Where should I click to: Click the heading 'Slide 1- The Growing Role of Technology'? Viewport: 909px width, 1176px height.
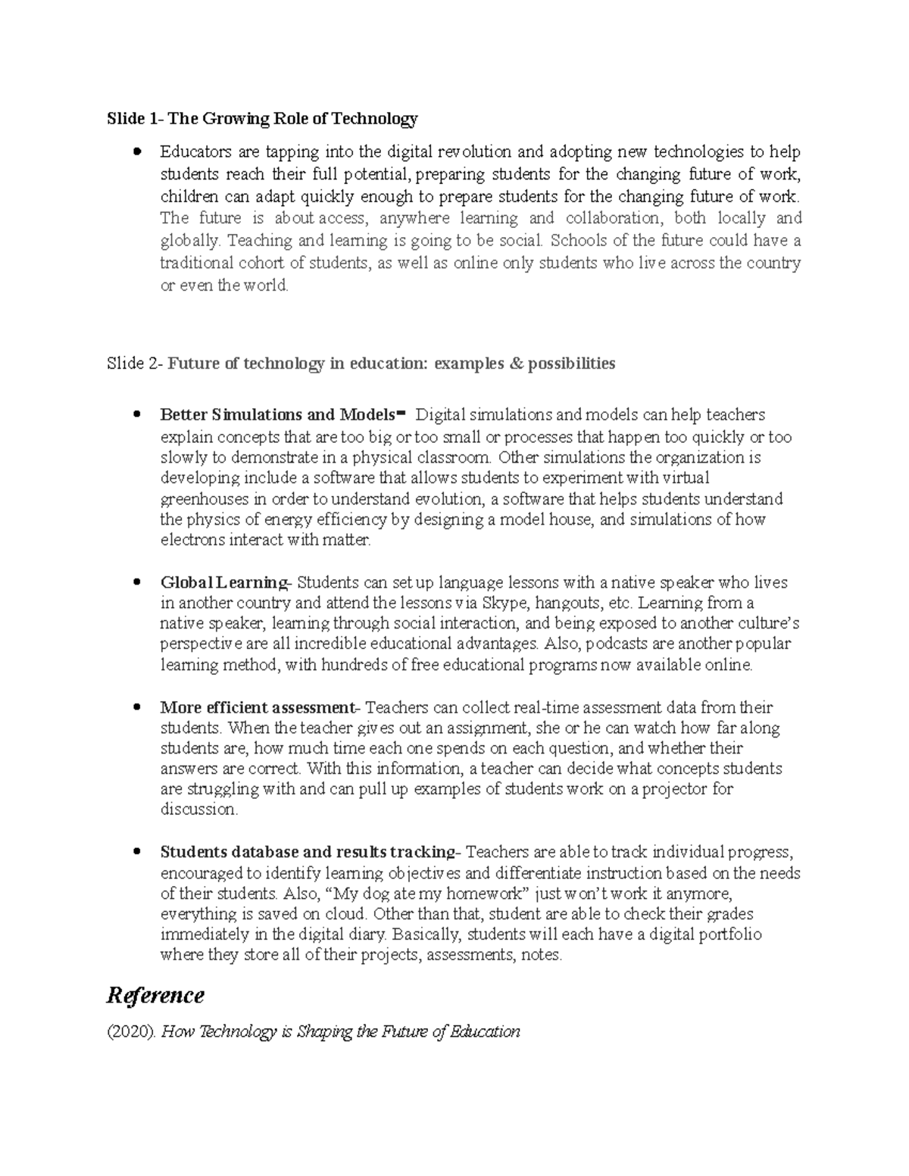pos(262,119)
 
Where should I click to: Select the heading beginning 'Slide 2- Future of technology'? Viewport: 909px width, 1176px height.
pos(361,363)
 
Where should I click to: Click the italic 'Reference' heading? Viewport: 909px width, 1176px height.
pos(155,994)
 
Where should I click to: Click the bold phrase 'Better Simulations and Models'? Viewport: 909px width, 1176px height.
pos(278,415)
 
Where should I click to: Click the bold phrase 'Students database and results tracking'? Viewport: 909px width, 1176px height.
pos(307,852)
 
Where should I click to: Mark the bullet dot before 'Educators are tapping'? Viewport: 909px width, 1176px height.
pos(136,152)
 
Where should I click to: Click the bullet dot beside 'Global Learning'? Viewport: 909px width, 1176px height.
pos(136,583)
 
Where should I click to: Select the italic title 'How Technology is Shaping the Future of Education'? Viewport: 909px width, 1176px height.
pos(341,1031)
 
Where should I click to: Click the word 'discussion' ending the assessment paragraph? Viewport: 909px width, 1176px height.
pos(198,809)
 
